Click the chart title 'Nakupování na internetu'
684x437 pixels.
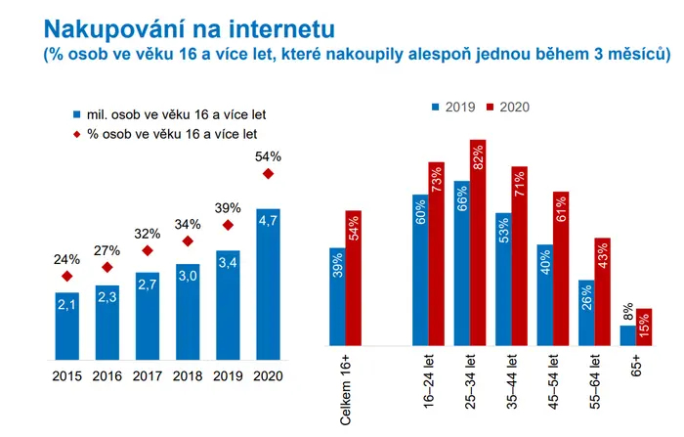(190, 29)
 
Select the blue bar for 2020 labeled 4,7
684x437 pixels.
(269, 284)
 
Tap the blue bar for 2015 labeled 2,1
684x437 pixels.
(67, 327)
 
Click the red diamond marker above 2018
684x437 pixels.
(188, 240)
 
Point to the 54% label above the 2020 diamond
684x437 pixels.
(268, 156)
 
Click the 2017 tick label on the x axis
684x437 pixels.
(148, 375)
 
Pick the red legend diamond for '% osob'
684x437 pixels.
(77, 135)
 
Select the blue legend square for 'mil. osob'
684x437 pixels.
(77, 114)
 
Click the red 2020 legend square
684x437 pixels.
(490, 107)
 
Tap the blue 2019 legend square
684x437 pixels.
(436, 107)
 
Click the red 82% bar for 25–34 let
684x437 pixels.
(478, 242)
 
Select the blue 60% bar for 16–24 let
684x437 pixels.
(420, 270)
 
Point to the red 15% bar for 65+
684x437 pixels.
(644, 327)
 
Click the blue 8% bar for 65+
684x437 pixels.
(628, 335)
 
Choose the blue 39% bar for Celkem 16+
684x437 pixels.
(338, 297)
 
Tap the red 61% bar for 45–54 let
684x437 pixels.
(561, 269)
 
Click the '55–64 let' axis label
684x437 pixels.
(595, 381)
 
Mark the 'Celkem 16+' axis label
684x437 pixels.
(346, 389)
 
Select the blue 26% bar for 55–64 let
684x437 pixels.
(586, 313)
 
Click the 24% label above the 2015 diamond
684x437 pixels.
(66, 260)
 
